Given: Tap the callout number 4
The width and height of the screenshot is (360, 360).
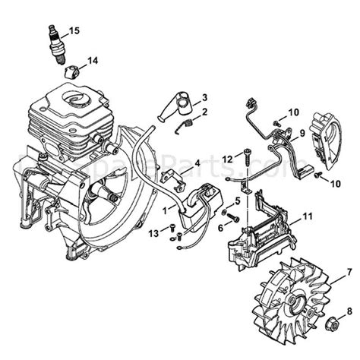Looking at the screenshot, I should coord(197,163).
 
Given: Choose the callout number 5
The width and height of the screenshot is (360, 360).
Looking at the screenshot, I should coord(238,200).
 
